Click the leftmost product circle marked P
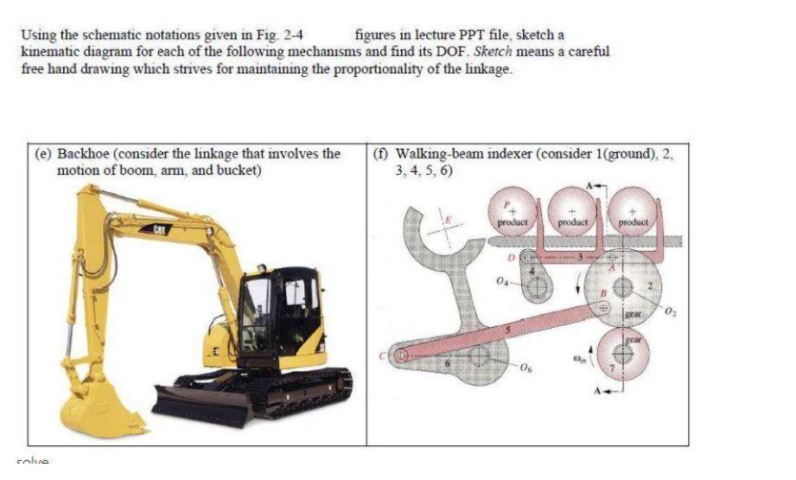(514, 211)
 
